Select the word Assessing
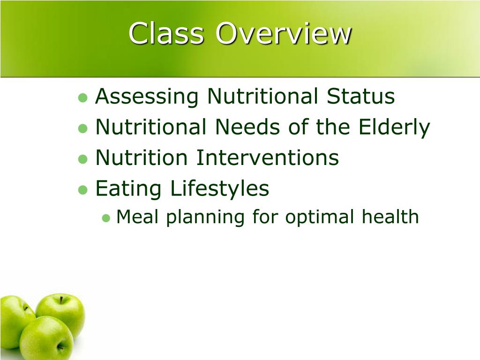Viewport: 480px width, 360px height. pyautogui.click(x=147, y=97)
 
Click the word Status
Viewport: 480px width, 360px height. pyautogui.click(x=360, y=96)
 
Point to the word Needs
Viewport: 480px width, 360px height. pyautogui.click(x=247, y=127)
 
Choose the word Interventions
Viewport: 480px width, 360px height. pyautogui.click(x=267, y=157)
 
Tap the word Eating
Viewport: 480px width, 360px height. pyautogui.click(x=128, y=188)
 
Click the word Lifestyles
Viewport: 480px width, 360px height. pyautogui.click(x=219, y=188)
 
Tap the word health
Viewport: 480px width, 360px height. pyautogui.click(x=390, y=217)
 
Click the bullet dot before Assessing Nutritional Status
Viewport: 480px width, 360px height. pyautogui.click(x=83, y=97)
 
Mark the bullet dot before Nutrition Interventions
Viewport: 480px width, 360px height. pyautogui.click(x=83, y=159)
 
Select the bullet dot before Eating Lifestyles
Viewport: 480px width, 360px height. pyautogui.click(x=83, y=189)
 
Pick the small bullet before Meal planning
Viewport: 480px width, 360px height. pyautogui.click(x=106, y=218)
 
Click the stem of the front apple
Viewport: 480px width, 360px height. pyautogui.click(x=60, y=347)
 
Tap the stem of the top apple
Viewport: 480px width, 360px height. pyautogui.click(x=61, y=300)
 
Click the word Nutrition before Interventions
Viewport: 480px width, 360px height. pyautogui.click(x=142, y=157)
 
